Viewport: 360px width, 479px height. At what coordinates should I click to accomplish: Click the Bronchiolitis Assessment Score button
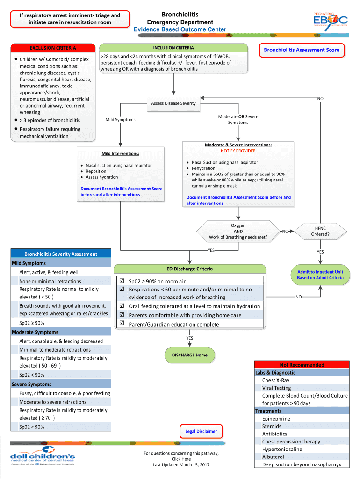click(x=302, y=50)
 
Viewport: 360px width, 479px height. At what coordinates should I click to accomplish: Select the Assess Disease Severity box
click(x=173, y=103)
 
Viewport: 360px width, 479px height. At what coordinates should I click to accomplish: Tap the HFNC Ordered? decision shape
click(x=320, y=231)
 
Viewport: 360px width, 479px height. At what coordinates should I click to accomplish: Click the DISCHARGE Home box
click(x=189, y=355)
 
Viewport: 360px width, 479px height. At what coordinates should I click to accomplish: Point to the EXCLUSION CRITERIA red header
click(x=53, y=48)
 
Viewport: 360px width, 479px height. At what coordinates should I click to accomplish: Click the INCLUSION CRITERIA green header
click(x=173, y=48)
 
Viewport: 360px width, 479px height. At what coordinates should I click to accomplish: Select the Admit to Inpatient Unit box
click(x=320, y=275)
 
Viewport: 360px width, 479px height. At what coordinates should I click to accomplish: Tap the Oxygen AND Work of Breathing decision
click(x=238, y=231)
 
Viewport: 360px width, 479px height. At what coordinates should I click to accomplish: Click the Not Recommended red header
click(x=302, y=365)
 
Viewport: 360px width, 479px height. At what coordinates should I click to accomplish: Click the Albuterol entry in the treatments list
click(x=273, y=457)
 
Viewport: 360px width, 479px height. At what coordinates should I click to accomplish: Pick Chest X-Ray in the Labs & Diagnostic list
click(x=276, y=380)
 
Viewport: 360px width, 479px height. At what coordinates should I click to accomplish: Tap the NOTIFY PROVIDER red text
click(x=238, y=151)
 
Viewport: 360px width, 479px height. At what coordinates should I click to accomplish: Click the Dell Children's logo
click(x=42, y=457)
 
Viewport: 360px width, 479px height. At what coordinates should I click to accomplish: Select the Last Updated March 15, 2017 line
click(x=181, y=464)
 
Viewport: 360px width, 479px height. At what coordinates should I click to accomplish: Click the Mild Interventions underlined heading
click(x=121, y=154)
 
